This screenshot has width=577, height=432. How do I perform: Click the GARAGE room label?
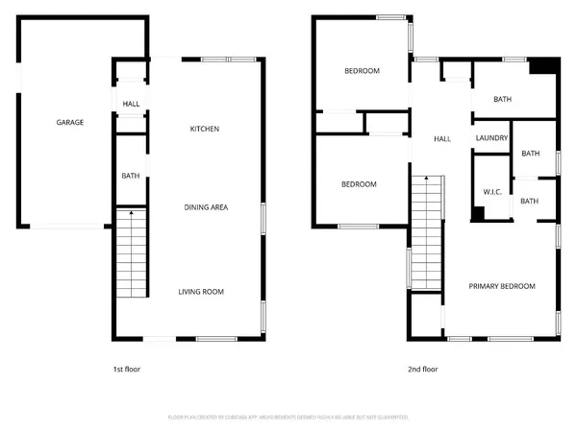point(69,123)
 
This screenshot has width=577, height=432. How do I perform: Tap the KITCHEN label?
point(204,129)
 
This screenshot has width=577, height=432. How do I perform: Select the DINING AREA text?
point(206,207)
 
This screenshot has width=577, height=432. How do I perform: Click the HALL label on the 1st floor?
point(131,103)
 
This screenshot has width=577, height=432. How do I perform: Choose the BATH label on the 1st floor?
point(130,176)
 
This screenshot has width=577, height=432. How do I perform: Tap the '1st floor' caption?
point(128,368)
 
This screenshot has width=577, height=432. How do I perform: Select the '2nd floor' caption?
point(423,368)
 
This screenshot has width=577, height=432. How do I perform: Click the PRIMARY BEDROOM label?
point(502,286)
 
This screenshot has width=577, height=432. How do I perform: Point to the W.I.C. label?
point(492,192)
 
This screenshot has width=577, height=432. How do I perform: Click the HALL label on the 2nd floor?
point(442,139)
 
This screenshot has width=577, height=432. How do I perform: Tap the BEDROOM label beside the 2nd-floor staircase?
point(359,184)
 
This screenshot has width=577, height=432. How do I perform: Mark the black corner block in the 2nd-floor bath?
point(544,66)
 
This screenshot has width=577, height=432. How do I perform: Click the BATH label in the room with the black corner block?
point(502,99)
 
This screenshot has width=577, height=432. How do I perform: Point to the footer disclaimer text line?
point(288,418)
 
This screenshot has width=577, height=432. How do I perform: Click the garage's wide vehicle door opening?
point(65,227)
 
